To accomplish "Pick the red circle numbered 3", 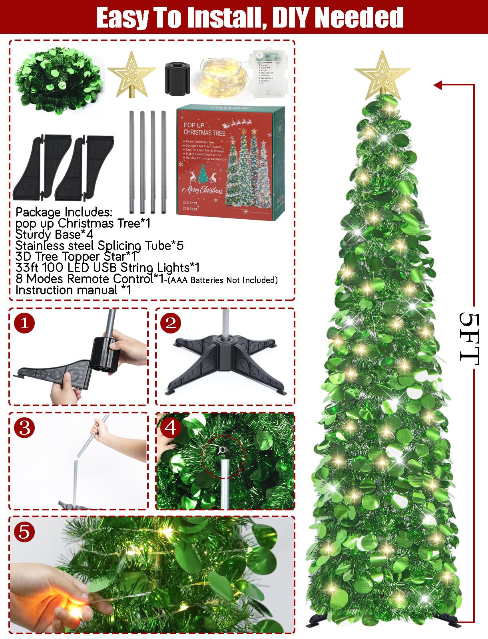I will (24, 428).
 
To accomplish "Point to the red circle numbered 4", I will (171, 428).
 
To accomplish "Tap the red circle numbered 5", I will (24, 532).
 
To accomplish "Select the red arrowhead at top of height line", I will (438, 85).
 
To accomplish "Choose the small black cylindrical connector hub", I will (177, 78).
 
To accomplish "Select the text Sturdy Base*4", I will (54, 234).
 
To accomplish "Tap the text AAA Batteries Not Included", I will (223, 280).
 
